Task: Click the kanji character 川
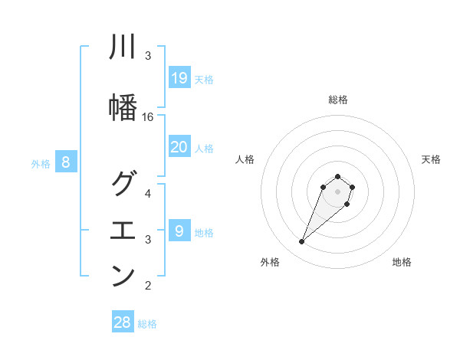click(123, 47)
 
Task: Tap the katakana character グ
click(123, 185)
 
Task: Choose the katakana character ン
click(123, 276)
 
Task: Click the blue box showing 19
click(179, 78)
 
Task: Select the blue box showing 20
click(179, 147)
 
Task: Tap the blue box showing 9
click(179, 231)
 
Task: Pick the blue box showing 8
click(66, 162)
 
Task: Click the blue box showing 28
click(123, 322)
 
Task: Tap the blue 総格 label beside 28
click(147, 324)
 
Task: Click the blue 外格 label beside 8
click(41, 163)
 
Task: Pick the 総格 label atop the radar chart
click(337, 100)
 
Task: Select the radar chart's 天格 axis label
click(432, 159)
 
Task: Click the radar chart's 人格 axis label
click(245, 159)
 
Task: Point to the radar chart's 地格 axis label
click(402, 262)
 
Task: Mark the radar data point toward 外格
click(302, 242)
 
